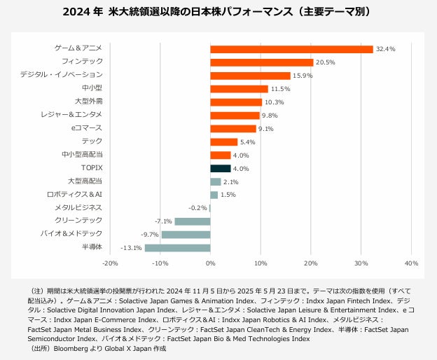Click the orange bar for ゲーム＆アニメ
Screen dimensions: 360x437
tap(291, 49)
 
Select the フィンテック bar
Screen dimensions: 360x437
tap(261, 62)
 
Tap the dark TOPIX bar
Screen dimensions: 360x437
tap(221, 169)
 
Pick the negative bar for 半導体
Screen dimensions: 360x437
tap(177, 248)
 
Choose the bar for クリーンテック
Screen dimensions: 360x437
tap(192, 221)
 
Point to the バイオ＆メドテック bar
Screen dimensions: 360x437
tap(186, 235)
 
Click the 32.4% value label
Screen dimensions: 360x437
tap(386, 49)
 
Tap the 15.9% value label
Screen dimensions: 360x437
tap(303, 76)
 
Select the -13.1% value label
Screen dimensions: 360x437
tap(131, 248)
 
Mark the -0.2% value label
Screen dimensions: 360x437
tap(197, 208)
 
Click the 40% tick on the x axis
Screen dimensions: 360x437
tap(411, 263)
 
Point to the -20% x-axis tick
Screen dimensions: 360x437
tap(110, 263)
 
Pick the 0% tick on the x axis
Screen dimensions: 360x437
tap(210, 263)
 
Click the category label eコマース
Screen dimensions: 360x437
tap(87, 128)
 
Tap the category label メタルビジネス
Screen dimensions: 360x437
tap(78, 207)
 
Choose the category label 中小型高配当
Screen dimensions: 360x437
tap(82, 155)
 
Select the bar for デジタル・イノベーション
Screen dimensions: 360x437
tap(250, 76)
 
